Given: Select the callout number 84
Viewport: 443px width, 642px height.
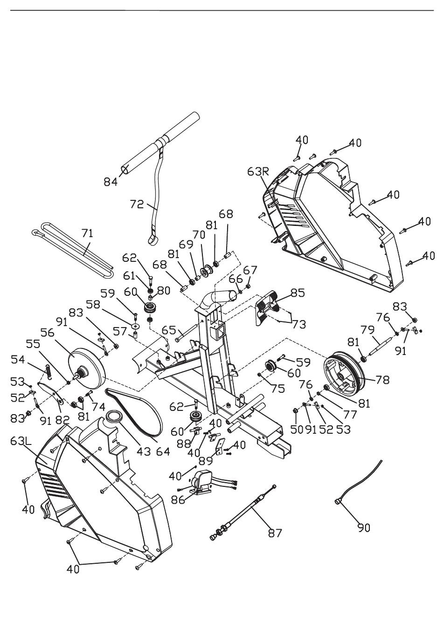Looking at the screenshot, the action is pyautogui.click(x=111, y=182).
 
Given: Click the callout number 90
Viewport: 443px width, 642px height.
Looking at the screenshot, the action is pyautogui.click(x=364, y=528).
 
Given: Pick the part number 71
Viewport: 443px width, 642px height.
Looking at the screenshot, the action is pyautogui.click(x=87, y=233).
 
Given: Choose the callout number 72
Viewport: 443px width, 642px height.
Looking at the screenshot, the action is pyautogui.click(x=137, y=204).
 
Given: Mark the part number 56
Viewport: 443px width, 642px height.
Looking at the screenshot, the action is pyautogui.click(x=48, y=333).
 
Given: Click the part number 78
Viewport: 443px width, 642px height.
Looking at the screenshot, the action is pyautogui.click(x=382, y=380).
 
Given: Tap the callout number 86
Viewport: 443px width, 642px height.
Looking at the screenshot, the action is pyautogui.click(x=178, y=500).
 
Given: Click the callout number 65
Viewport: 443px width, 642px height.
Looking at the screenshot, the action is pyautogui.click(x=169, y=330).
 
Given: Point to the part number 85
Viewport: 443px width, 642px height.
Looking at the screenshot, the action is pyautogui.click(x=298, y=293).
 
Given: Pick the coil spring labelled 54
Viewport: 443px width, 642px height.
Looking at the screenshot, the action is pyautogui.click(x=49, y=372).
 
